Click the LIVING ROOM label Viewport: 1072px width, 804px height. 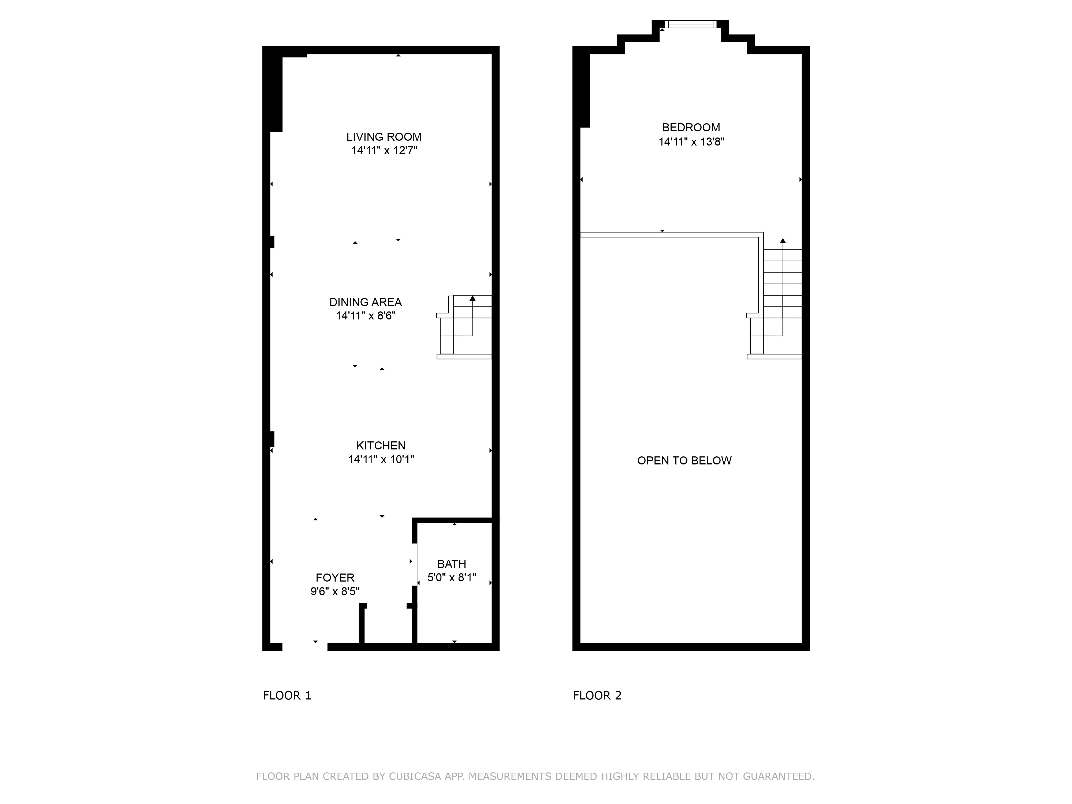[384, 137]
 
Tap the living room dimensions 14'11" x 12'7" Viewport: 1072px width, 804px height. [384, 150]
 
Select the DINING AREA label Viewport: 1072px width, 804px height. [365, 302]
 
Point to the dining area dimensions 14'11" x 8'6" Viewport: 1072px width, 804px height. [365, 315]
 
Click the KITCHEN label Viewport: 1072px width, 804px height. [381, 445]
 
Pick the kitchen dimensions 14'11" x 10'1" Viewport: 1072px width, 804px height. [381, 459]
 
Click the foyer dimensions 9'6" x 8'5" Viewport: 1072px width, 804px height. [335, 591]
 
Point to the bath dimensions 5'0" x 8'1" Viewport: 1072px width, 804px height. [452, 577]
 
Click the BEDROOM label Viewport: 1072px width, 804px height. [691, 128]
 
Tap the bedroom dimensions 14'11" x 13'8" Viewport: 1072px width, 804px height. [691, 142]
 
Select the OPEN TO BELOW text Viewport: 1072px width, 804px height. [684, 460]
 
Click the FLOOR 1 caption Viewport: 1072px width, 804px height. [287, 695]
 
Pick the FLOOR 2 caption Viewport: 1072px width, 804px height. [597, 695]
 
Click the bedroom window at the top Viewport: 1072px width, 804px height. [690, 24]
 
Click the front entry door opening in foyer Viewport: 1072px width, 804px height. [305, 646]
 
